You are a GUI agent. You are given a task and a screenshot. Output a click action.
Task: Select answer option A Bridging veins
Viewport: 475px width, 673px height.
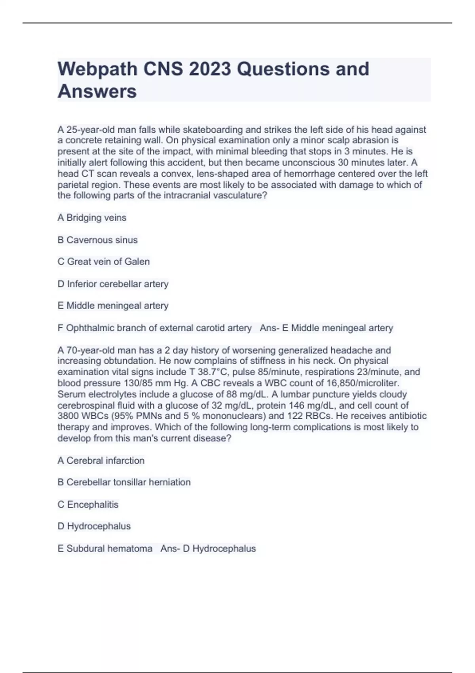pyautogui.click(x=92, y=218)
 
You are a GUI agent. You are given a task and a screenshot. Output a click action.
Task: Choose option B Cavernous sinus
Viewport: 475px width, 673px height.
pyautogui.click(x=97, y=240)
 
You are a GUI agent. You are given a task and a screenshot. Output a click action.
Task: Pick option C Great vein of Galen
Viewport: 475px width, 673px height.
pyautogui.click(x=103, y=262)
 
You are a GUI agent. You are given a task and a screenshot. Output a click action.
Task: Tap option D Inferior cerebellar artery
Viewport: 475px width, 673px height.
pyautogui.click(x=113, y=284)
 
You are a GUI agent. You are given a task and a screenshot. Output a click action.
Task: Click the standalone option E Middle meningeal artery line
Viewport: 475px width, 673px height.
pyautogui.click(x=113, y=306)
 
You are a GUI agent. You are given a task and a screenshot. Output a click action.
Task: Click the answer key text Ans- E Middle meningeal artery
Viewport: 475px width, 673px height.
pyautogui.click(x=326, y=328)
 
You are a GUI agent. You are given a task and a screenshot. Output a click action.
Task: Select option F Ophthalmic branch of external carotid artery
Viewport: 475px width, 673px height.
pyautogui.click(x=154, y=328)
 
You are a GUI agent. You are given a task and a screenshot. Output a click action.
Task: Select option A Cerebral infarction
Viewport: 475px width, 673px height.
pyautogui.click(x=101, y=460)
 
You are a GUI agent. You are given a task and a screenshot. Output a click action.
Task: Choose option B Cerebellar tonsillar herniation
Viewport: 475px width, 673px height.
pyautogui.click(x=124, y=482)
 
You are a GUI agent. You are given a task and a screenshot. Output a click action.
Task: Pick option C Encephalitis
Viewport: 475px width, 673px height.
pyautogui.click(x=88, y=504)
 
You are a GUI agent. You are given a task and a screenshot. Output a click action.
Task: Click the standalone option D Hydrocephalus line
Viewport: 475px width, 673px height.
pyautogui.click(x=94, y=526)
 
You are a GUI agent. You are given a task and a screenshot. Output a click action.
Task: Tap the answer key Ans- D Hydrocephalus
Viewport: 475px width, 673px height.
pyautogui.click(x=208, y=549)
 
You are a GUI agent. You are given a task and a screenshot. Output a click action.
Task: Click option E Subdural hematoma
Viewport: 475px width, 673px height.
pyautogui.click(x=105, y=549)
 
